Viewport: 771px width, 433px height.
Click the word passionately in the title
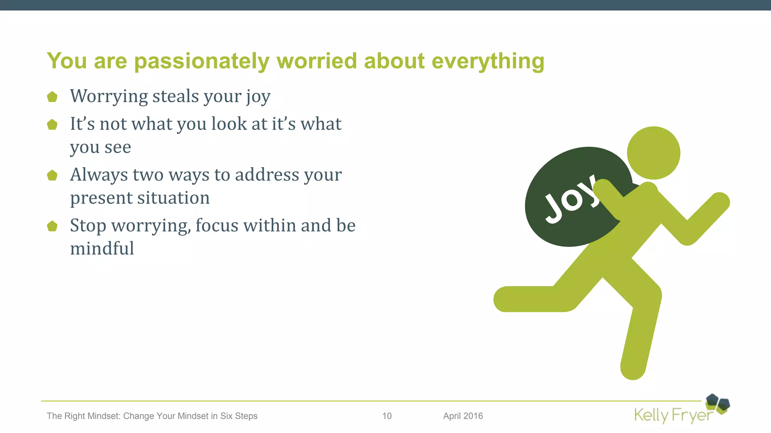[x=201, y=61]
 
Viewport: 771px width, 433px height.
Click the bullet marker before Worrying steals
[x=52, y=97]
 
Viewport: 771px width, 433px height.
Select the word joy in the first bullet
[x=258, y=97]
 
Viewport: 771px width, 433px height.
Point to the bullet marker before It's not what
[x=52, y=124]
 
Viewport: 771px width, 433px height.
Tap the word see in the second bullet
[x=118, y=147]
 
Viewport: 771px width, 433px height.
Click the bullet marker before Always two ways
[x=52, y=175]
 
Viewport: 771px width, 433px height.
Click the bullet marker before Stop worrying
[x=52, y=226]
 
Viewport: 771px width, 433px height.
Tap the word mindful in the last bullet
[x=102, y=248]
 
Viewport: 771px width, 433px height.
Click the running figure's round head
[x=654, y=153]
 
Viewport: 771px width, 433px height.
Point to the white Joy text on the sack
[x=570, y=199]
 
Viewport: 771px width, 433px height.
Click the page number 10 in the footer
[x=387, y=416]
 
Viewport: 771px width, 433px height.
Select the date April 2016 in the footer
[x=463, y=416]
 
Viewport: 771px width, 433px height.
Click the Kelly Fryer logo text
[x=673, y=415]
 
